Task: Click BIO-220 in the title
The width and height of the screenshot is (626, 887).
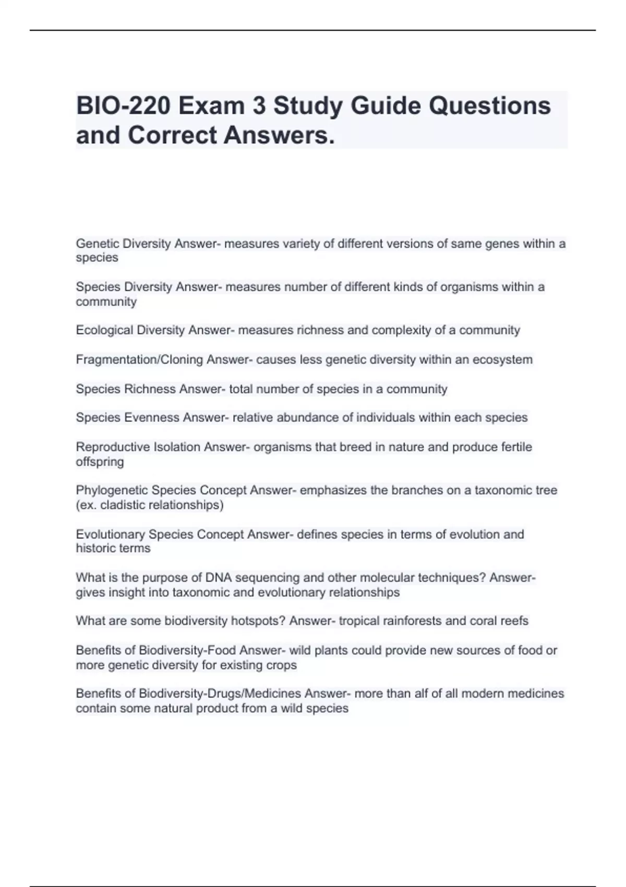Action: tap(123, 106)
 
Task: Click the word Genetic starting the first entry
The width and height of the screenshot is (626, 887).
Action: tap(98, 244)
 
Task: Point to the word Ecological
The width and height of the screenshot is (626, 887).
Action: tap(104, 330)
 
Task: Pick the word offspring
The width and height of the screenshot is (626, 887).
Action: tap(100, 462)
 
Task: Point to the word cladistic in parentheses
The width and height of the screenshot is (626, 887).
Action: tap(124, 505)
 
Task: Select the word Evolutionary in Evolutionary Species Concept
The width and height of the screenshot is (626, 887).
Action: tap(110, 534)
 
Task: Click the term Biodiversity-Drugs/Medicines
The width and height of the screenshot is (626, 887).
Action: tap(220, 693)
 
